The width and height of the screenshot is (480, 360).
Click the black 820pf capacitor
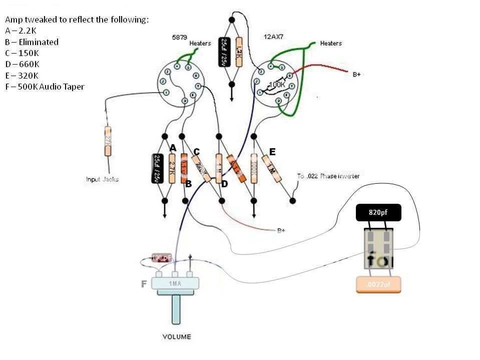click(379, 213)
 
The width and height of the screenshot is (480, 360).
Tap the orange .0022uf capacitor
click(378, 284)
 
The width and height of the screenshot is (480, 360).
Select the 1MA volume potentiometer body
click(176, 283)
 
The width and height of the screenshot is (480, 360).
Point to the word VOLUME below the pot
click(177, 336)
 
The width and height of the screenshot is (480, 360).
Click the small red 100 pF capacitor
click(162, 257)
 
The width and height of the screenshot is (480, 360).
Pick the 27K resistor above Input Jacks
click(108, 142)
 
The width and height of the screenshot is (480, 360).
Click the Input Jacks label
click(102, 179)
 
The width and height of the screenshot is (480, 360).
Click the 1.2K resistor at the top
click(239, 52)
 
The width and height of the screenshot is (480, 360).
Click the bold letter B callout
click(189, 184)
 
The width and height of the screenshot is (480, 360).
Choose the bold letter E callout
click(272, 152)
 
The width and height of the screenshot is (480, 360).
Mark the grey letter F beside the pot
click(144, 284)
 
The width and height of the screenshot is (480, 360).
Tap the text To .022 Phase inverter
click(328, 176)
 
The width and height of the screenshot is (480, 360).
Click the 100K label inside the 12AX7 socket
click(276, 85)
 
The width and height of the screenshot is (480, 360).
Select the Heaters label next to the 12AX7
click(331, 44)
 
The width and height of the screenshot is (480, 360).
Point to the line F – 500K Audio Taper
click(45, 87)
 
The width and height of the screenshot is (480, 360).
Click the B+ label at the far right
click(357, 74)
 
